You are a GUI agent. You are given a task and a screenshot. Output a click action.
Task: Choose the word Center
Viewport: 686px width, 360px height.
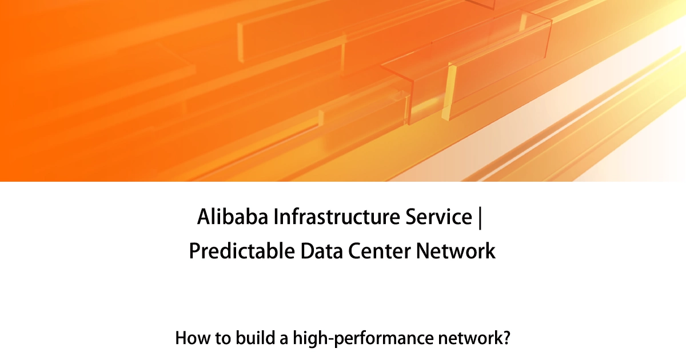(x=380, y=251)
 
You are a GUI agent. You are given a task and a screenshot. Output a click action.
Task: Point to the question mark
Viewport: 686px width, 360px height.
(x=506, y=338)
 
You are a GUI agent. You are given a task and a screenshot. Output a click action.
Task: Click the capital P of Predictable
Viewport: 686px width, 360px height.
(x=194, y=251)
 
